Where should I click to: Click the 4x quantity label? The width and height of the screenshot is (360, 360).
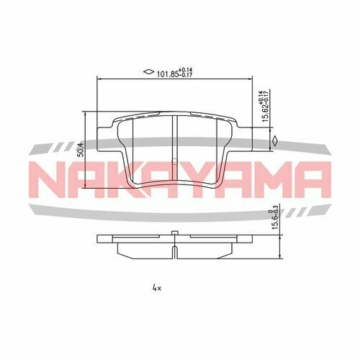tap(157, 288)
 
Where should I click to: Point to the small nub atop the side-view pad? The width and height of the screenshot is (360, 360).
tap(175, 233)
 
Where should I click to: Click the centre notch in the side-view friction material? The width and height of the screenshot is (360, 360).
tap(175, 249)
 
